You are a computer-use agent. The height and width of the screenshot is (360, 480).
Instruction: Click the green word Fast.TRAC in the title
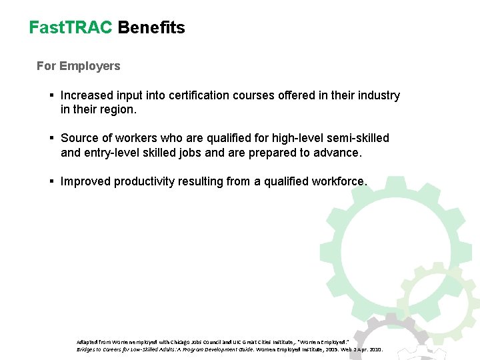point(71,28)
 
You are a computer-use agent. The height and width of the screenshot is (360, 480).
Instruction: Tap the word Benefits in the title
point(151,28)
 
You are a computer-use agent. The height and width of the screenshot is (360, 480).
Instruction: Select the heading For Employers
point(79,66)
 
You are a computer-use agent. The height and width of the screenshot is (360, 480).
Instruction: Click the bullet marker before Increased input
point(51,95)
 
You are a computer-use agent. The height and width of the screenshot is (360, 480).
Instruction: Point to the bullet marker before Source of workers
point(51,138)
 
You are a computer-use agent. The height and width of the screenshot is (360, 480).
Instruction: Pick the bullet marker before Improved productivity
point(51,181)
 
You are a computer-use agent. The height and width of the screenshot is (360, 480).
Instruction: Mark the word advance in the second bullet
point(339,153)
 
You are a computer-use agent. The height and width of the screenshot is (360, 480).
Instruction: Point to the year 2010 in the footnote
point(373,349)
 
